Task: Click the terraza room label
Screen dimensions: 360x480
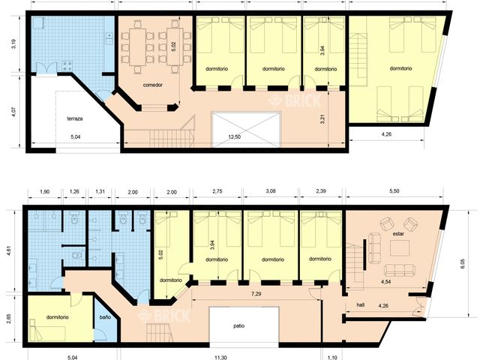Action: pos(76,118)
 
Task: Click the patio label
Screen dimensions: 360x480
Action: pos(238,326)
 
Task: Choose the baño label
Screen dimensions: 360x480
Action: pos(105,317)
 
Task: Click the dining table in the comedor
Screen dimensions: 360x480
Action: pos(155,46)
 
